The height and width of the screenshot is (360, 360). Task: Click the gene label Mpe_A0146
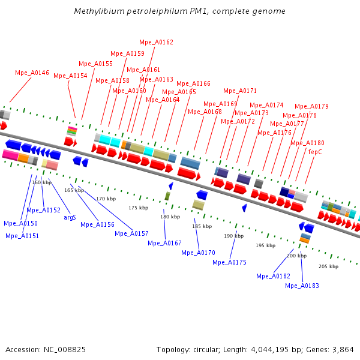32,73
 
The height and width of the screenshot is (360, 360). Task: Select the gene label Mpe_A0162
156,42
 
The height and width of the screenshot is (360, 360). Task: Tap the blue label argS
70,217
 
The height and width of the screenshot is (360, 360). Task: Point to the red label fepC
315,152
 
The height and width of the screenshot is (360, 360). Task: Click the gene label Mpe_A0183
302,286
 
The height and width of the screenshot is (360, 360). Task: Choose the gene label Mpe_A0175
229,262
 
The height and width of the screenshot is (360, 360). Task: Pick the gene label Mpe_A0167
164,243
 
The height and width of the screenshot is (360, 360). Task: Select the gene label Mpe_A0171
240,91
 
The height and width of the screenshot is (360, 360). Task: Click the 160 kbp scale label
41,182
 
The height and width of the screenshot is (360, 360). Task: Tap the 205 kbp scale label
328,266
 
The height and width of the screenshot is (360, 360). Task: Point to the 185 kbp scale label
202,226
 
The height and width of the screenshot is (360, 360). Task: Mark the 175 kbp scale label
138,208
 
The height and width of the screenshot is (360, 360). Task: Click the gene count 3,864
343,349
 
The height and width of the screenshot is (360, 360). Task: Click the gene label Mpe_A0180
307,143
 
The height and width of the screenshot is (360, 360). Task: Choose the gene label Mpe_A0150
20,223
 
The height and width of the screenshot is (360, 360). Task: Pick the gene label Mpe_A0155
95,64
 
